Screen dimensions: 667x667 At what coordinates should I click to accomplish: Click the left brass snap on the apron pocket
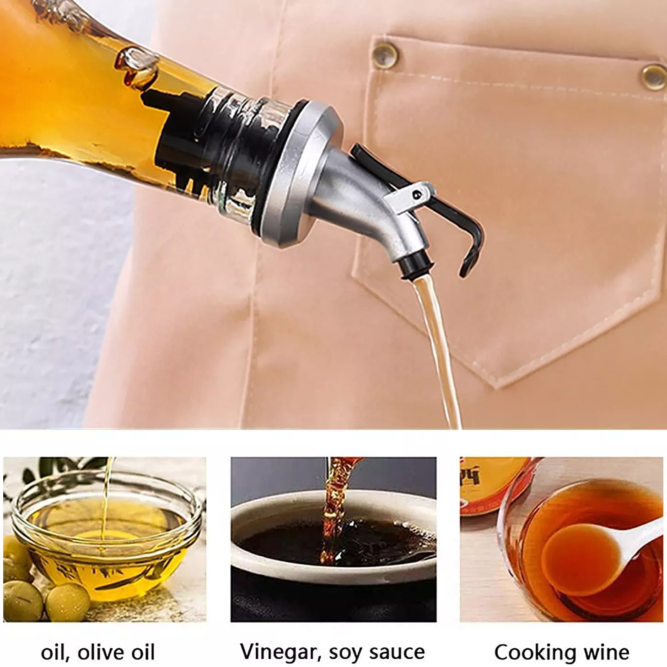point(385,54)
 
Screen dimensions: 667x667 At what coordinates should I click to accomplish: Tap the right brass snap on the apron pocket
point(653,77)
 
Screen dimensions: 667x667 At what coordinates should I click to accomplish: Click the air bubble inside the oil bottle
point(137,68)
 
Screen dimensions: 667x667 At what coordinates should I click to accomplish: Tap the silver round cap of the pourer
point(301,173)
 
